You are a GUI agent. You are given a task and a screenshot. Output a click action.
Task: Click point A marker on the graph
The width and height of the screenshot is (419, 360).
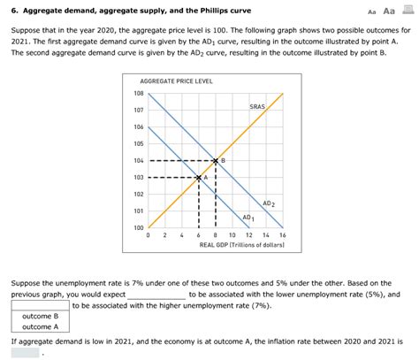tap(199, 178)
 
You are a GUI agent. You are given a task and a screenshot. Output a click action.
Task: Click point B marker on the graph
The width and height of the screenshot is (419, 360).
tap(216, 161)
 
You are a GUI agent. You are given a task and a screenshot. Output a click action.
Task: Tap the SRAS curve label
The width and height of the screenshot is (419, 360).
tap(257, 106)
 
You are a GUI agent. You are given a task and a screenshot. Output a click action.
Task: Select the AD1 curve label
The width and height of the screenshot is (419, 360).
tap(248, 218)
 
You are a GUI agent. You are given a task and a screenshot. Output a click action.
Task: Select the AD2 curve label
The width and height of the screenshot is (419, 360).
tap(269, 203)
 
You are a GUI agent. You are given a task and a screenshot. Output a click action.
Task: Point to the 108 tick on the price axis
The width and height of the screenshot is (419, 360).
tap(139, 94)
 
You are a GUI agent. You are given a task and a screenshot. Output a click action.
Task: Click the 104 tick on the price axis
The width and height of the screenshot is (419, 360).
tap(139, 161)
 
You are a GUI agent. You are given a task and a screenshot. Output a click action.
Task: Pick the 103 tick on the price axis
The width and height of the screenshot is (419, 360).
tap(139, 178)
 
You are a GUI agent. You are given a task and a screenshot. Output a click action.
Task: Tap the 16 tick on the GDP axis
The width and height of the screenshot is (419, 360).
tap(282, 236)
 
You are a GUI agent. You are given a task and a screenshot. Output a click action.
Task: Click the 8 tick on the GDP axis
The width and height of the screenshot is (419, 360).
tap(216, 236)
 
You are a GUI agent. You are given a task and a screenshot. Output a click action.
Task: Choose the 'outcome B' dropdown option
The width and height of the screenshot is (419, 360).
tap(40, 316)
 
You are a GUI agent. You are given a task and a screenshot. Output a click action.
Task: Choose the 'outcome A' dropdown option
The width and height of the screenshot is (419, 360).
tap(40, 326)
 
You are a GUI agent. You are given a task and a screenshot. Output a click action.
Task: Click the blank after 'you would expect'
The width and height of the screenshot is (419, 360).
tap(157, 295)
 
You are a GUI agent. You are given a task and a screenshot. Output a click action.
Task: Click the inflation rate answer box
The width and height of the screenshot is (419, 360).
tap(24, 352)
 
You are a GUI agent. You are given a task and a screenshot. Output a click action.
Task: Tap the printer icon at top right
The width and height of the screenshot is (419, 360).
tap(408, 10)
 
